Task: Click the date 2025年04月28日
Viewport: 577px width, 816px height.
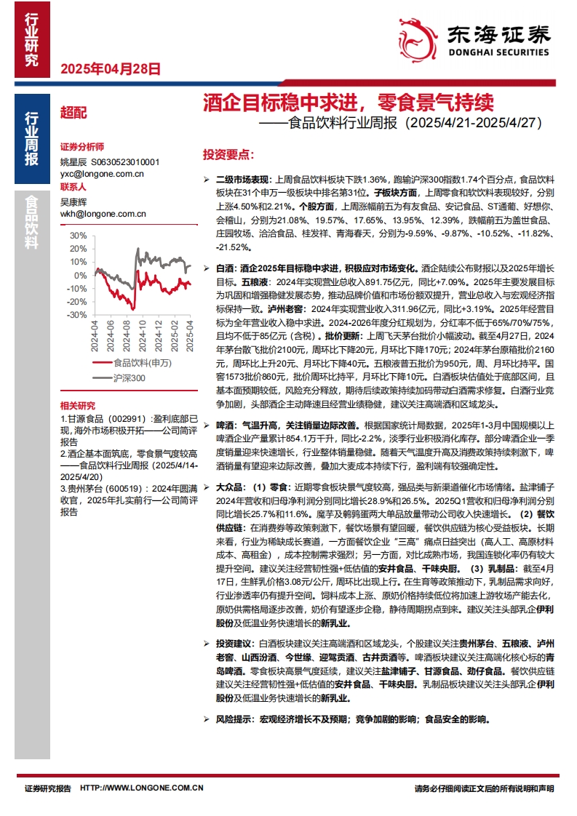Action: (109, 70)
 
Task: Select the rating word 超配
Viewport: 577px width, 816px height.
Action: (73, 113)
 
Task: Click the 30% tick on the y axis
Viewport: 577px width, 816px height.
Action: (79, 236)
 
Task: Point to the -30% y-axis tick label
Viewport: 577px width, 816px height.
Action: (77, 315)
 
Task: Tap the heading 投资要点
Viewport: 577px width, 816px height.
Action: (227, 155)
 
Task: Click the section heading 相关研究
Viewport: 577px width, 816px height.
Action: (77, 405)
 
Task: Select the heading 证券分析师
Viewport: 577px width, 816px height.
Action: (82, 146)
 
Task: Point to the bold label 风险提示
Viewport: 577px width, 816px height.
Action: (233, 719)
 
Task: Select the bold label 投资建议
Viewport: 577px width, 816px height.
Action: (233, 644)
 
